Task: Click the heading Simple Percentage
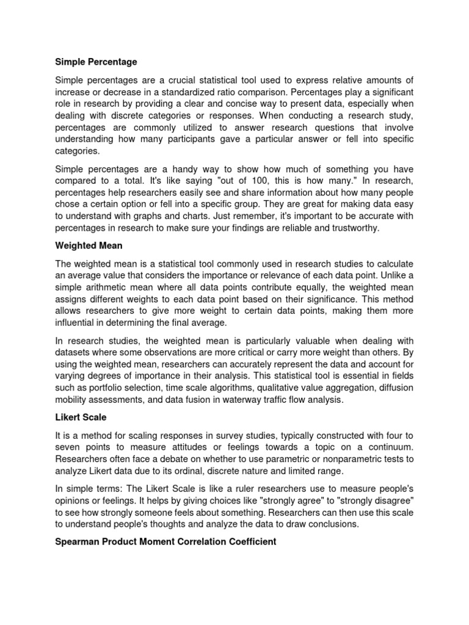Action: [x=96, y=62]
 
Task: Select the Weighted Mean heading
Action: [x=89, y=246]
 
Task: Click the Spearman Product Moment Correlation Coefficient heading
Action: [x=166, y=541]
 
